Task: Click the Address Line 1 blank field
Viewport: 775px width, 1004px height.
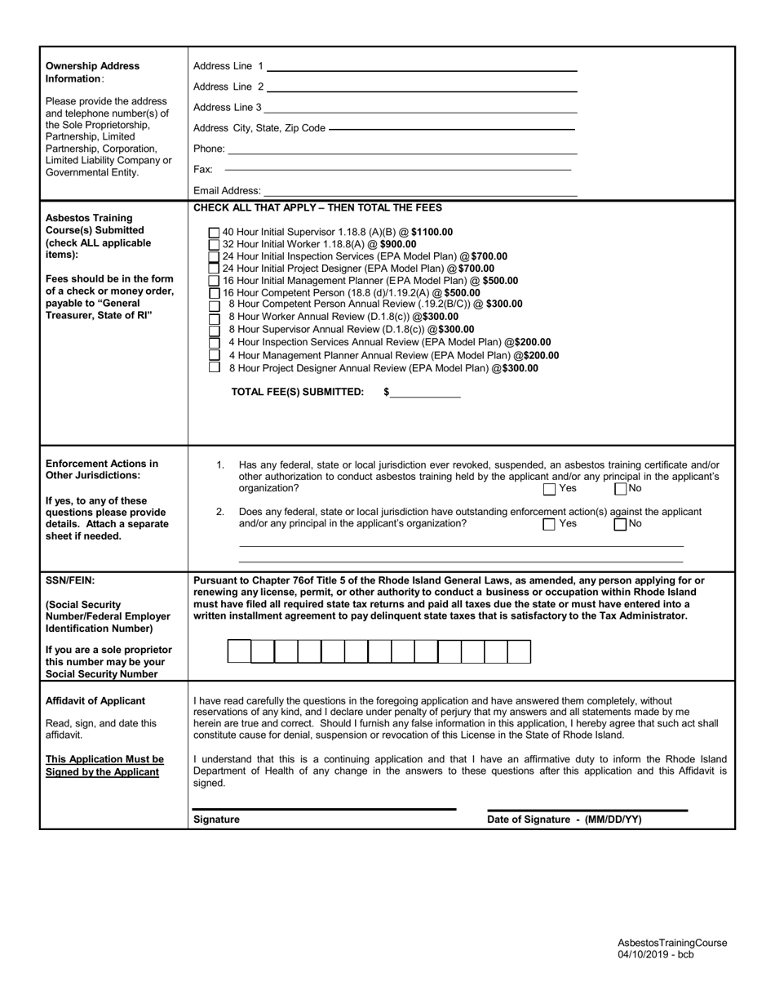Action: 421,67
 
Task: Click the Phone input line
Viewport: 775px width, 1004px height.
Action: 401,149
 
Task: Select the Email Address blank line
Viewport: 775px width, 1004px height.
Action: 419,191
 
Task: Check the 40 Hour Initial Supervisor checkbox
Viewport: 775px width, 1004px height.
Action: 215,233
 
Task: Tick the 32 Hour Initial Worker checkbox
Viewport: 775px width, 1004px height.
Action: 215,244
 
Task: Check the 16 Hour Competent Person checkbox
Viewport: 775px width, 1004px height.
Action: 215,293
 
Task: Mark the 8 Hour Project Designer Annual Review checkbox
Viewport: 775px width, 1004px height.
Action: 215,367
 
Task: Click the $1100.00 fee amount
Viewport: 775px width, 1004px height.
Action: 432,232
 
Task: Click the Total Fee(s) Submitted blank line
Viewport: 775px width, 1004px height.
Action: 425,393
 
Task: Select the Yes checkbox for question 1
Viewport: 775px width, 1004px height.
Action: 550,489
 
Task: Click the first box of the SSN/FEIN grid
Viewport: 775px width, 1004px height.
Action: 238,651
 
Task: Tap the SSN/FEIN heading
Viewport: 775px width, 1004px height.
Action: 70,580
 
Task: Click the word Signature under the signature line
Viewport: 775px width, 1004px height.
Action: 216,820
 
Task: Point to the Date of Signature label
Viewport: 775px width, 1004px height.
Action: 564,820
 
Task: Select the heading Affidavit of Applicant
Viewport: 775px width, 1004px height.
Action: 95,700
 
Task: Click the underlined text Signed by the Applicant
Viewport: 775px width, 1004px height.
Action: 102,771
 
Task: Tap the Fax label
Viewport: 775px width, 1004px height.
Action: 202,170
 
